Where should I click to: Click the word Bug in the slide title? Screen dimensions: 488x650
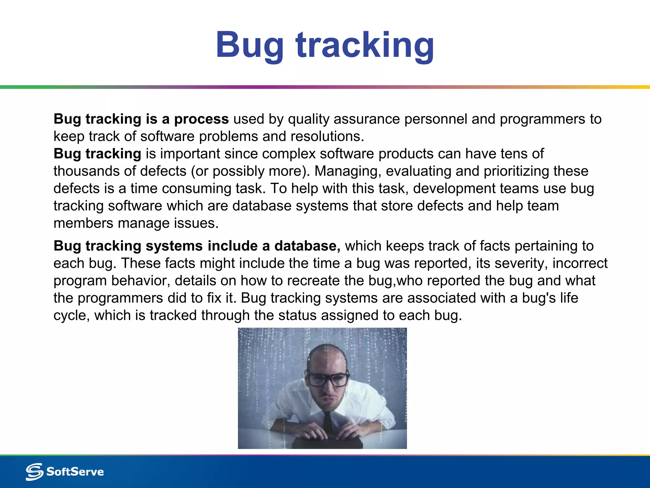250,45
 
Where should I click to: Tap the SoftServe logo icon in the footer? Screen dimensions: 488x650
34,471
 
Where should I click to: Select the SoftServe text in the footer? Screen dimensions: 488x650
75,471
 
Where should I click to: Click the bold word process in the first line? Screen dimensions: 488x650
201,119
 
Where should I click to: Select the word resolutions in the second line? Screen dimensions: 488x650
327,137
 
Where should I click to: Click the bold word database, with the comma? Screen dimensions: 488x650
307,246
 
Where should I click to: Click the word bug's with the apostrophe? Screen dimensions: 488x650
538,298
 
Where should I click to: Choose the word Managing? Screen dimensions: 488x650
348,171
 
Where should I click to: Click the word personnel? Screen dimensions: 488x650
435,119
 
